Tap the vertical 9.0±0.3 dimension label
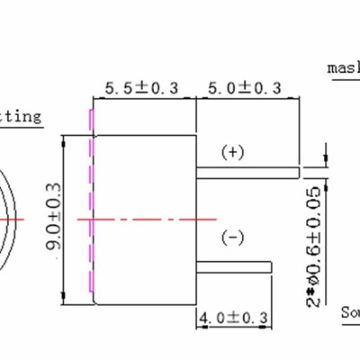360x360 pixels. pos(53,219)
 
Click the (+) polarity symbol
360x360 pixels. pos(232,152)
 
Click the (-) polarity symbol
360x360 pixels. pos(232,237)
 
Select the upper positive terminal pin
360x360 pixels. pos(248,169)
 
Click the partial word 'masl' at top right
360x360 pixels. pos(343,67)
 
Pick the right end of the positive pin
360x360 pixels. pos(298,169)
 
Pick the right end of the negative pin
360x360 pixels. pos(271,266)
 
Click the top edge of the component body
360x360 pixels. pos(144,135)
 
